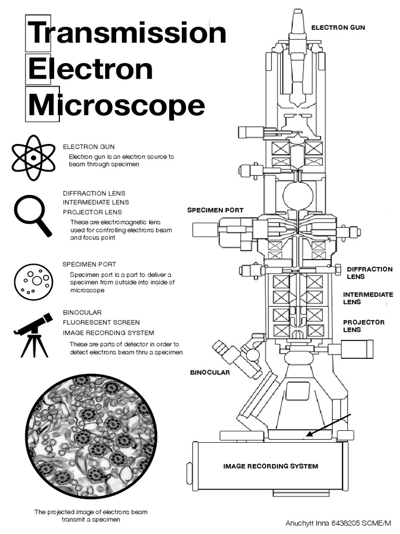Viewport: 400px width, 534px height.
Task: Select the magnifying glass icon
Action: click(32, 215)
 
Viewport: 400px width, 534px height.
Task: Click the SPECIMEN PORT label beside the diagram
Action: click(215, 210)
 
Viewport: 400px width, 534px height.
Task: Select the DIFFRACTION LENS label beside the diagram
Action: click(369, 273)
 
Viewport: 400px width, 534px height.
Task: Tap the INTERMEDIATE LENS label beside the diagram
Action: click(367, 298)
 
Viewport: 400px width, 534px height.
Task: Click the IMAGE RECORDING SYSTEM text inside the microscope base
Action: click(270, 466)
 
